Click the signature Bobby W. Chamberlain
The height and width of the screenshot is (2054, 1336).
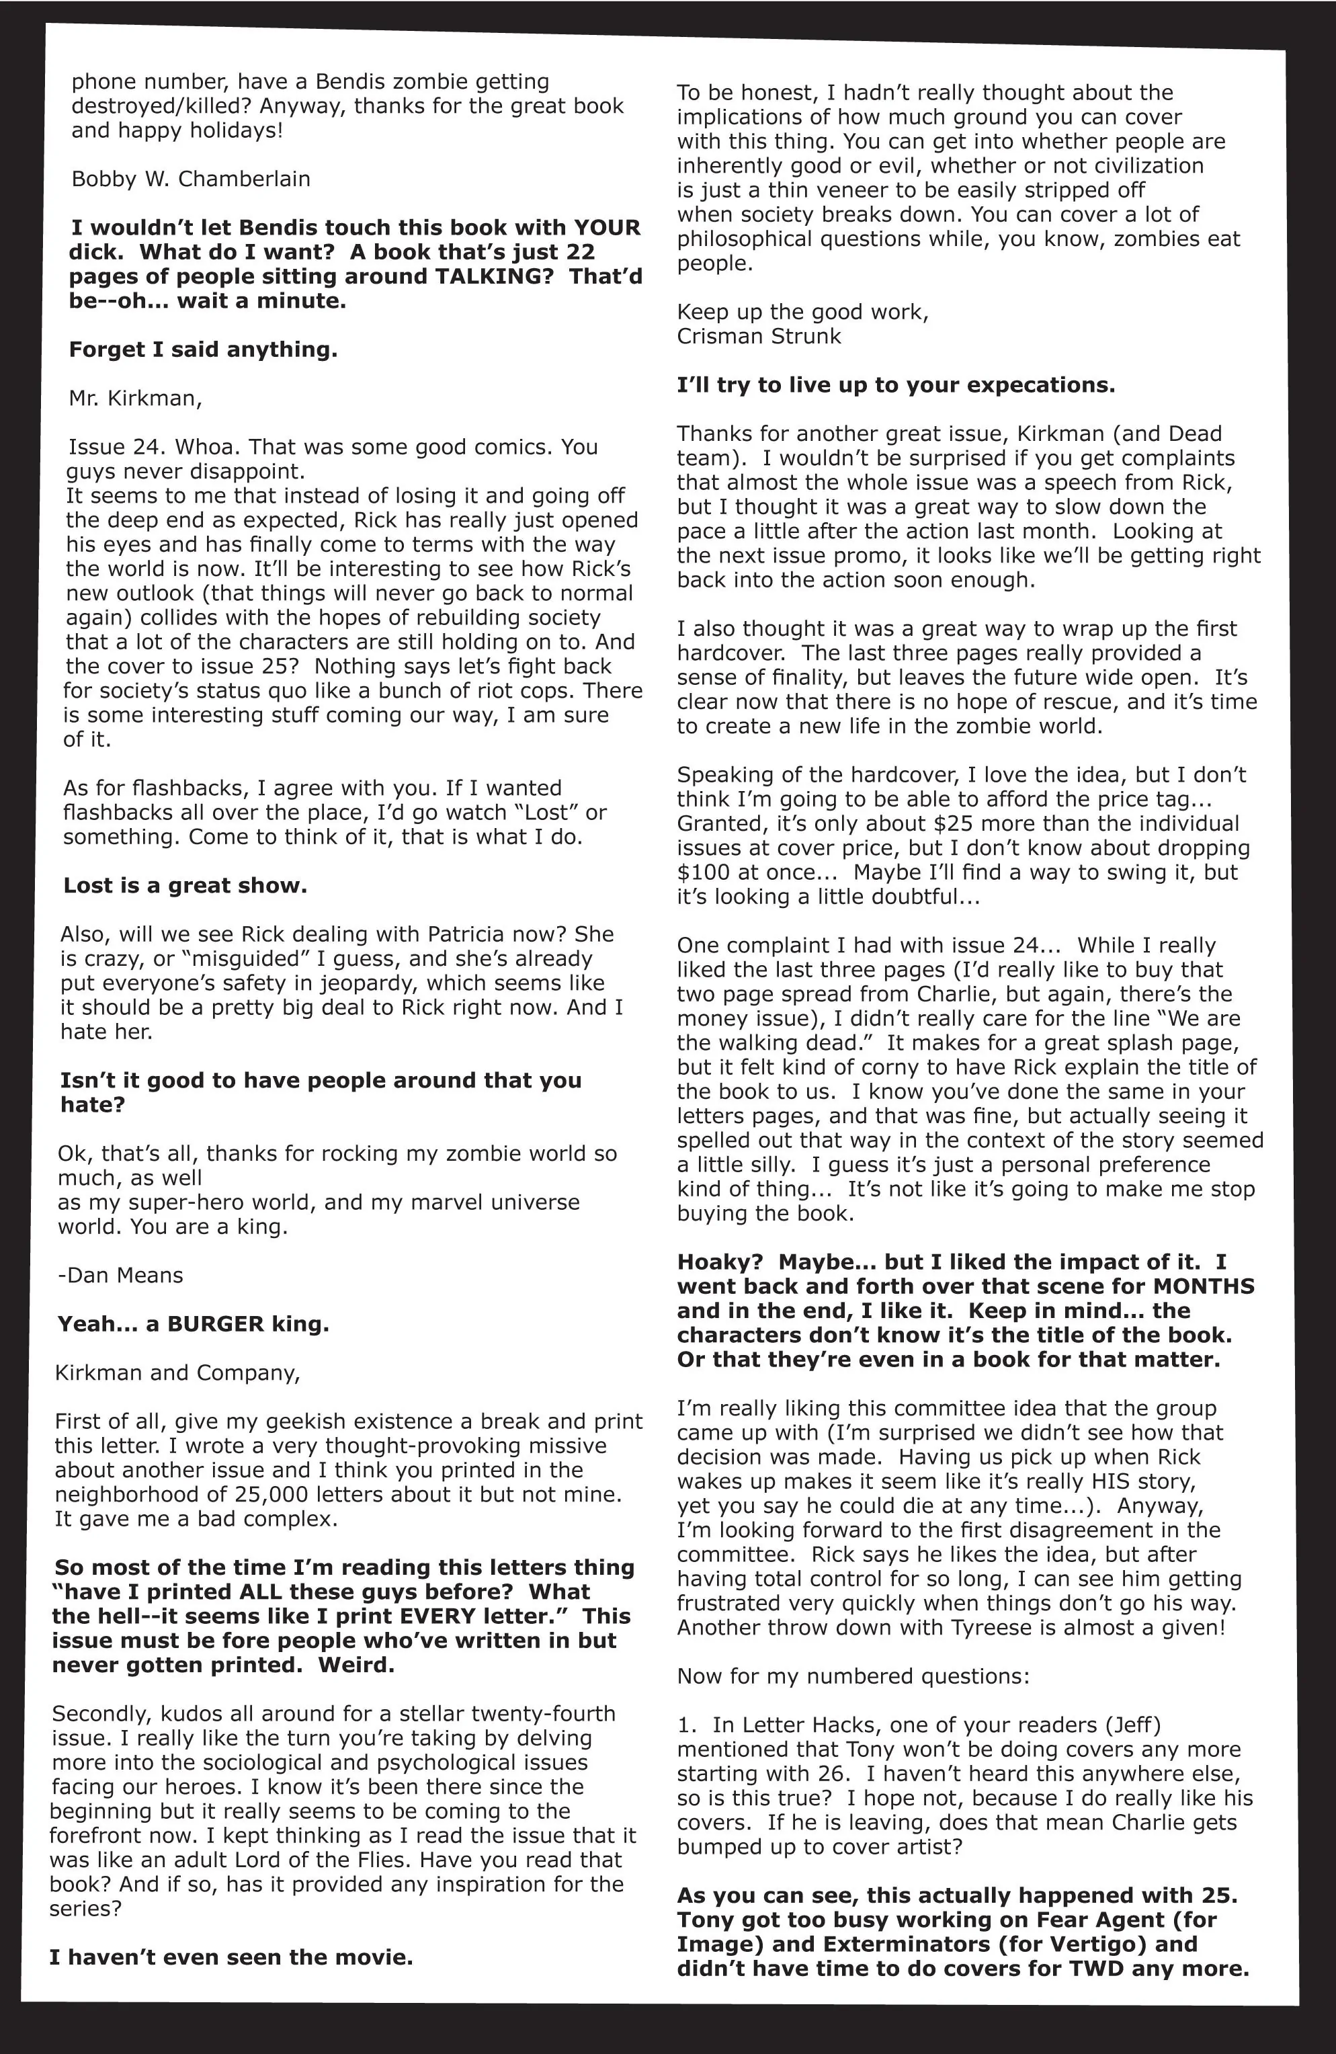point(191,179)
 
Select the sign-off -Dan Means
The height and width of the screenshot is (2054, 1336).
point(120,1275)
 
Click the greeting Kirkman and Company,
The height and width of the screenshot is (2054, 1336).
point(177,1372)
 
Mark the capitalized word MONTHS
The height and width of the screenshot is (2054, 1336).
point(1204,1286)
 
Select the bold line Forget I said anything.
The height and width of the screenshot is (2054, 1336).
point(203,350)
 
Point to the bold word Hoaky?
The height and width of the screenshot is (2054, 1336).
point(719,1262)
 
